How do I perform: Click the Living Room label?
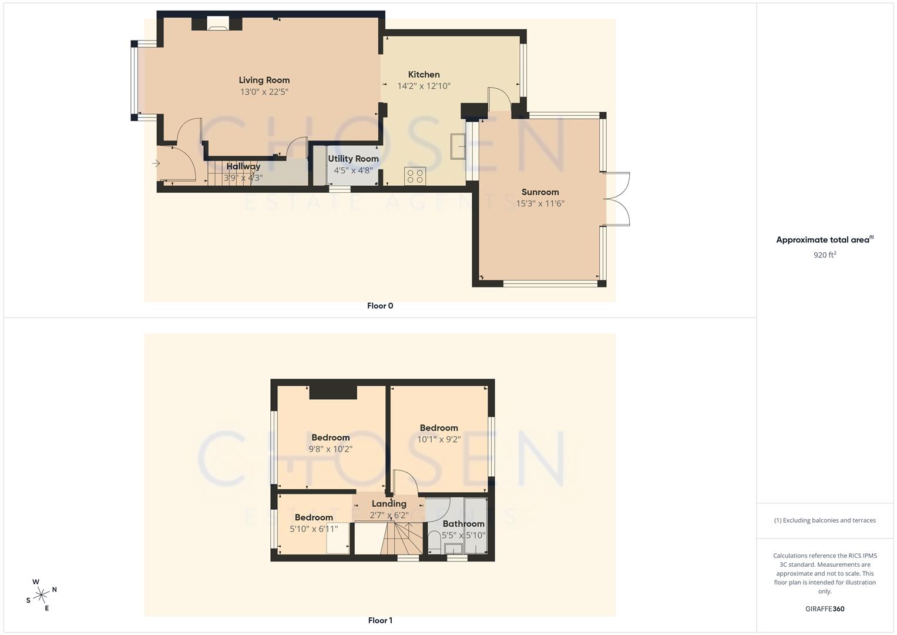tap(264, 80)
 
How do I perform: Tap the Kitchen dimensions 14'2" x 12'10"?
tap(424, 86)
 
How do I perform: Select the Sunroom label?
tap(540, 192)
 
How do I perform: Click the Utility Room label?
tap(353, 159)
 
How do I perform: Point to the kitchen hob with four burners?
tap(415, 176)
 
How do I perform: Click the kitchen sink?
tap(458, 146)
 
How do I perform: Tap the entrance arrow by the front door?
tap(156, 163)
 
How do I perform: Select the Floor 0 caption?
tap(380, 306)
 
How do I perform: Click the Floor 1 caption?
tap(380, 620)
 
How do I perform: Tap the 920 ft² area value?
tap(825, 255)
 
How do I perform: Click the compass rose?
tap(41, 595)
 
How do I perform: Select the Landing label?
tap(388, 504)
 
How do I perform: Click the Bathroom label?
tap(463, 524)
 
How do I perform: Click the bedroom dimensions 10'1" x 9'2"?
tap(439, 439)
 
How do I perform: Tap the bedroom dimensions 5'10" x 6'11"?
tap(314, 529)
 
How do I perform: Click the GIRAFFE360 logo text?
tap(825, 609)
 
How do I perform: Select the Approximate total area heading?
tap(825, 240)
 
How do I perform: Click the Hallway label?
tap(243, 166)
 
